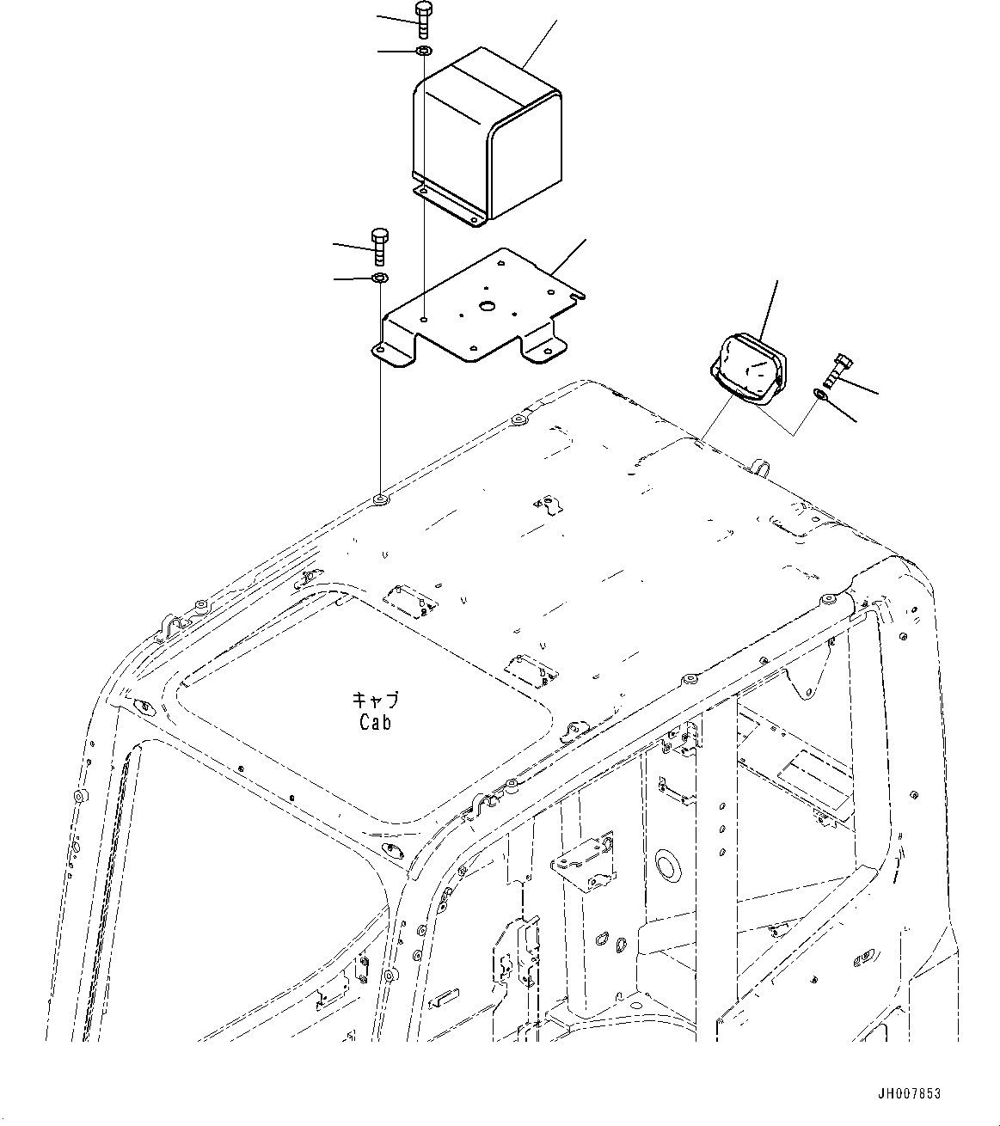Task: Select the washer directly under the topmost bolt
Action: (423, 52)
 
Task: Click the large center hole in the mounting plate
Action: (488, 306)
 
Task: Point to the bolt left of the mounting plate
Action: (379, 248)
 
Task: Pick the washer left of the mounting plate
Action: (379, 278)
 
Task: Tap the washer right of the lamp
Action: (820, 395)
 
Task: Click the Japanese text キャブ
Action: (376, 700)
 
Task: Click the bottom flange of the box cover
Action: (447, 206)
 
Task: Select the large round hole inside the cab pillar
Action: (666, 863)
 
